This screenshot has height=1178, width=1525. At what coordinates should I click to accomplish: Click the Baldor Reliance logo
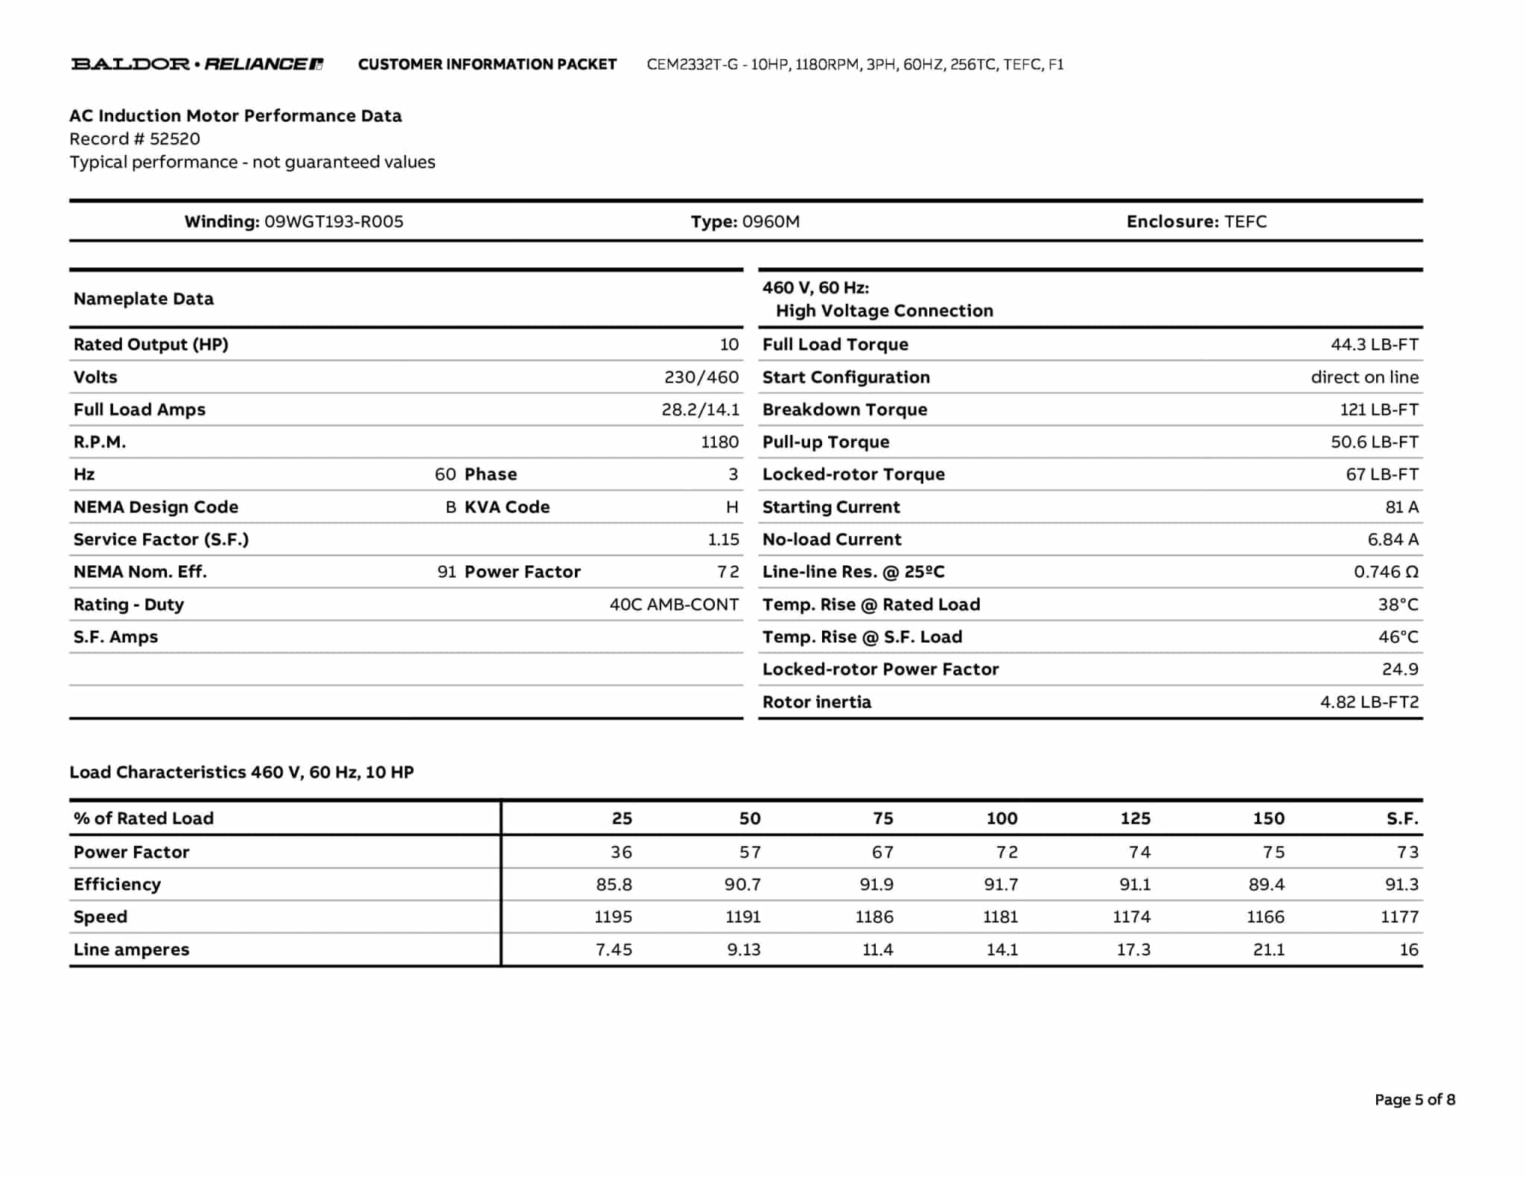coord(197,64)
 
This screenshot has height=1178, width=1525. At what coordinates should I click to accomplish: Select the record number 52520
coord(175,139)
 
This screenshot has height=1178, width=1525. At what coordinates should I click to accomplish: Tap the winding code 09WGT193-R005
coord(334,221)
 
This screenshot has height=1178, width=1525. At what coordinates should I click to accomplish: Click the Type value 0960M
coord(771,221)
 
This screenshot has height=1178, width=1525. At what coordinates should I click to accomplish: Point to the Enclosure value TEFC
coord(1245,221)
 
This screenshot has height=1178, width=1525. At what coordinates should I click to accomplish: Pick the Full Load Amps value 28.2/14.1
coord(700,410)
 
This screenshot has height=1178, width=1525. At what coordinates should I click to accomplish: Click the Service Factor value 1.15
coord(723,539)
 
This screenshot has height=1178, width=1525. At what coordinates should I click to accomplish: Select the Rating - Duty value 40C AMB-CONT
coord(674,604)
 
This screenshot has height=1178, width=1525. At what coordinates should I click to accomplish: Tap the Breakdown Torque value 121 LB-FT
coord(1379,410)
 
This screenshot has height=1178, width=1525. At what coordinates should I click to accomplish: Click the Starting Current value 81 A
coord(1401,507)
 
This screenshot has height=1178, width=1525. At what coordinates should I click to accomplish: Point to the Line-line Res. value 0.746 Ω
coord(1386,572)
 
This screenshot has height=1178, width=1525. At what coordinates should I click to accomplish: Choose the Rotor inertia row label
coord(816,701)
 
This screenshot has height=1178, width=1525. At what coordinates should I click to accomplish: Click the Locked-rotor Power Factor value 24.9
coord(1400,669)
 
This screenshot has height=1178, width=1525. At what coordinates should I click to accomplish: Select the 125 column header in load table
coord(1135,818)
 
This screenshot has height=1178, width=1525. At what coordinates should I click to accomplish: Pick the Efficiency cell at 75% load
coord(876,884)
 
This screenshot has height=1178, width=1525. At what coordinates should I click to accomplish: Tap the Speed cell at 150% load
coord(1265,917)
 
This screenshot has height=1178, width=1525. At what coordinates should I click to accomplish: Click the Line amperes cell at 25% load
coord(614,949)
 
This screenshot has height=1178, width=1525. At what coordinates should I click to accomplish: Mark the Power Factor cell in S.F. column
coord(1407,852)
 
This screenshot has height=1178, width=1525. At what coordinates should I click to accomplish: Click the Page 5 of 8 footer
coord(1414,1099)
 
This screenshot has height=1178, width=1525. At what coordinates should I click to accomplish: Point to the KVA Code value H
coord(732,507)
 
